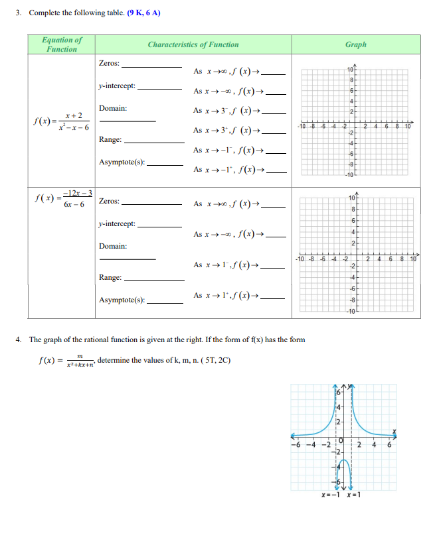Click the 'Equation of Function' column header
(62, 44)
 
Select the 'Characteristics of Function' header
(193, 44)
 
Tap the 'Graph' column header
(355, 44)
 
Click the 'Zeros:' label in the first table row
(109, 63)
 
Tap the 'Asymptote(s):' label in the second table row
(122, 300)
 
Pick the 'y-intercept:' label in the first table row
(117, 86)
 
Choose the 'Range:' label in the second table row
(110, 277)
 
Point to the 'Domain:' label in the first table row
(113, 108)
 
